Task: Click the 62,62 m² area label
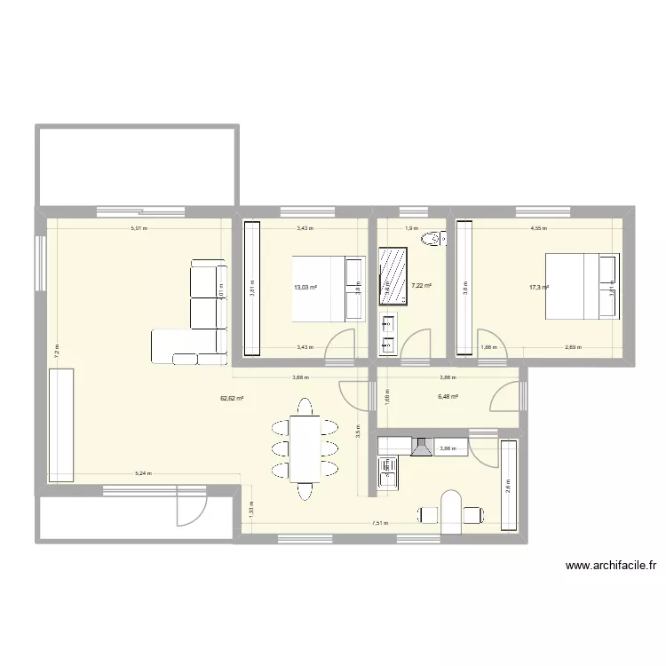coord(232,399)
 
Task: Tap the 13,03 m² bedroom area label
coord(305,287)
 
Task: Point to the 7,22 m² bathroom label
coord(421,285)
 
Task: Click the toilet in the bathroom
coord(434,238)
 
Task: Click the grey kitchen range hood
coord(421,447)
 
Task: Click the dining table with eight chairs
coord(305,448)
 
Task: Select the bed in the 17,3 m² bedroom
coord(582,286)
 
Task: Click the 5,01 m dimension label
coord(139,228)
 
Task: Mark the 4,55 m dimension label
coord(539,228)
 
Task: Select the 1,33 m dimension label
coord(251,511)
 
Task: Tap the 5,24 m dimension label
coord(141,474)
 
